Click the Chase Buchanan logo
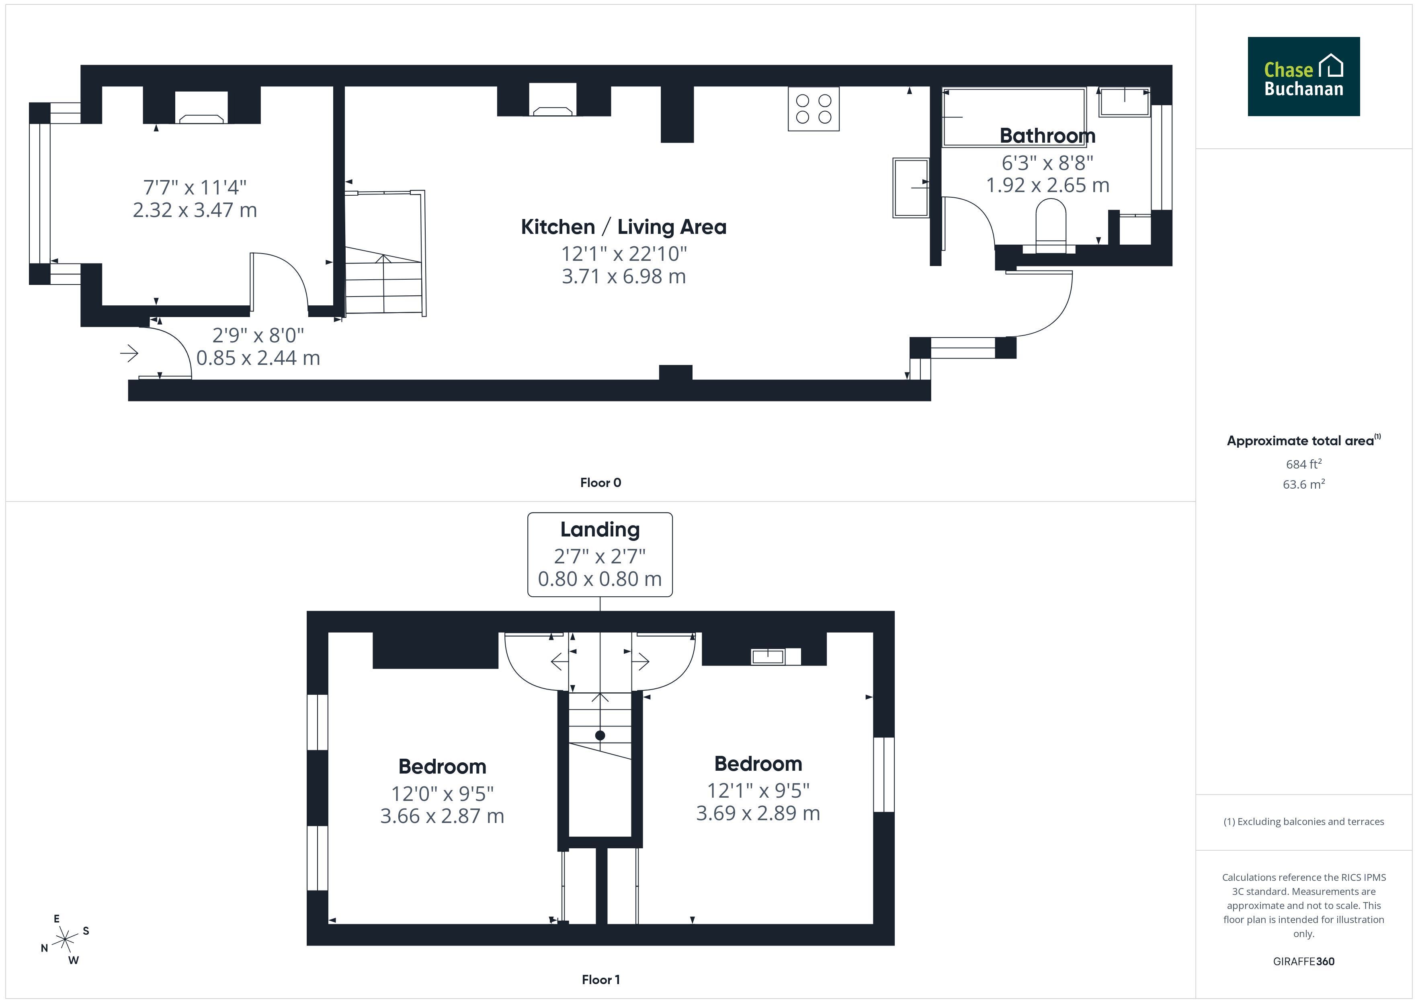pyautogui.click(x=1304, y=77)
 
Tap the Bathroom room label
pyautogui.click(x=1047, y=135)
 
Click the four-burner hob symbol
pyautogui.click(x=814, y=109)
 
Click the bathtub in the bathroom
pyautogui.click(x=1014, y=117)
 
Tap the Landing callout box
pyautogui.click(x=600, y=555)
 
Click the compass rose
pyautogui.click(x=65, y=940)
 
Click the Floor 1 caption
pyautogui.click(x=601, y=980)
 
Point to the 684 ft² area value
pyautogui.click(x=1304, y=464)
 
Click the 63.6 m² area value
pyautogui.click(x=1304, y=484)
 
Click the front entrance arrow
pyautogui.click(x=129, y=353)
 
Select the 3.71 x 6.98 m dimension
pyautogui.click(x=624, y=276)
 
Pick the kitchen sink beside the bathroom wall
pyautogui.click(x=911, y=188)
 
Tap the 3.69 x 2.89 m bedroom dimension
pyautogui.click(x=758, y=813)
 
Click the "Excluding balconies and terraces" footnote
pyautogui.click(x=1304, y=821)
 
